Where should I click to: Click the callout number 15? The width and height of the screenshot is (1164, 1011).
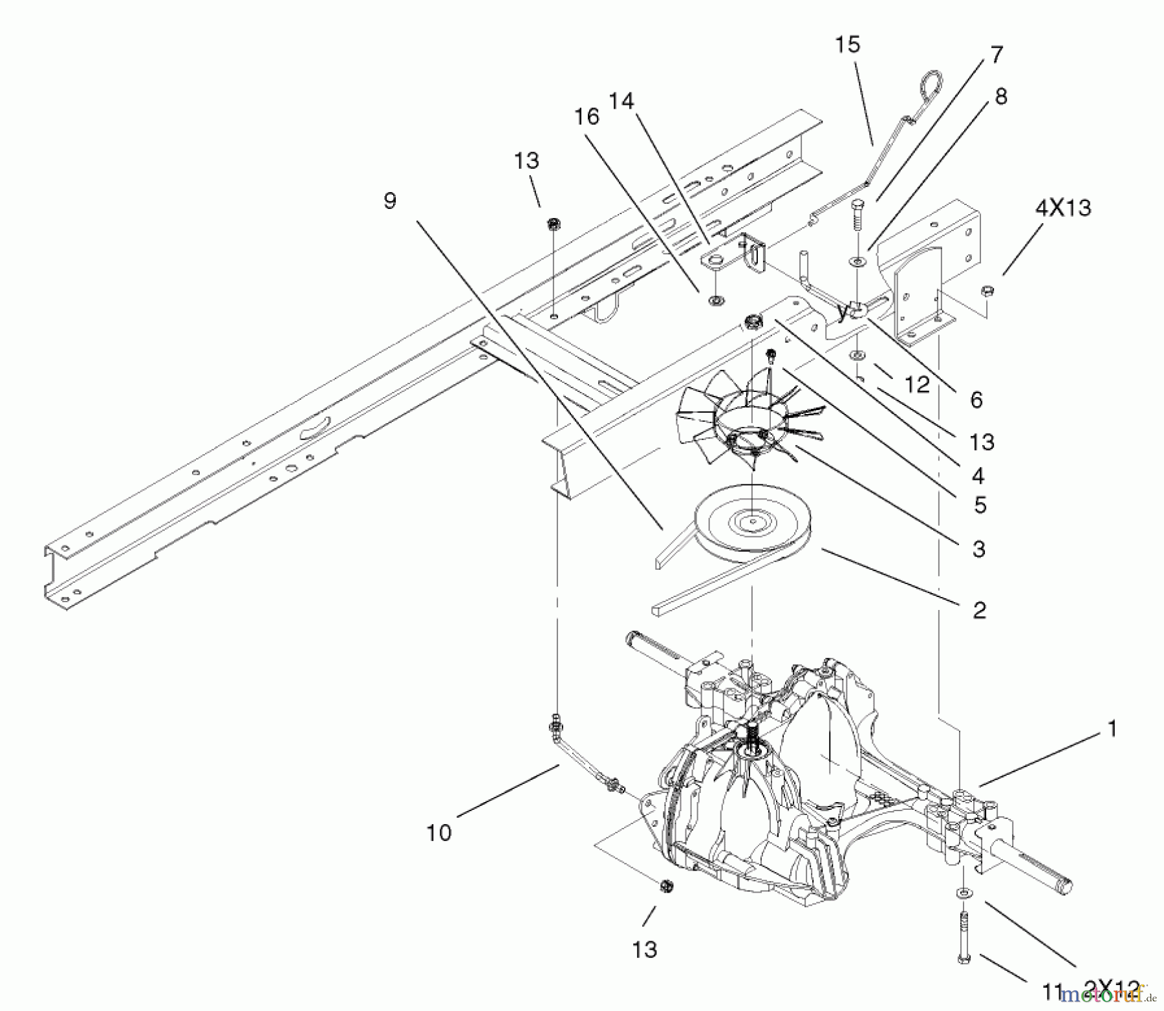(x=847, y=45)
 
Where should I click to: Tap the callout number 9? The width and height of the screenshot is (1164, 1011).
(x=389, y=201)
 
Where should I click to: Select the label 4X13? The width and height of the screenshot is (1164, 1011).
(x=1063, y=208)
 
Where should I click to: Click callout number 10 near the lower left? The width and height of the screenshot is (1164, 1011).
(x=438, y=832)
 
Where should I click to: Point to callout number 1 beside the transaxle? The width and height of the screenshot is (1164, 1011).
(x=1112, y=729)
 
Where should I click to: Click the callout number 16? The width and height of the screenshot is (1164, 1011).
(x=587, y=117)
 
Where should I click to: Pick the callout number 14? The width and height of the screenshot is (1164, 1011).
(x=621, y=102)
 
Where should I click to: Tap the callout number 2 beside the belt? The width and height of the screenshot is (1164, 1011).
(x=979, y=609)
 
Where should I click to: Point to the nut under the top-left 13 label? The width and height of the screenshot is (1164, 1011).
(x=554, y=224)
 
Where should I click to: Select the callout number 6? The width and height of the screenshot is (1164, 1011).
(x=976, y=400)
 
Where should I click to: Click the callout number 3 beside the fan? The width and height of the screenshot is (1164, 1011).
(x=978, y=549)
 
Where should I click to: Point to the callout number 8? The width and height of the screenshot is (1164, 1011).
(x=1000, y=97)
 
